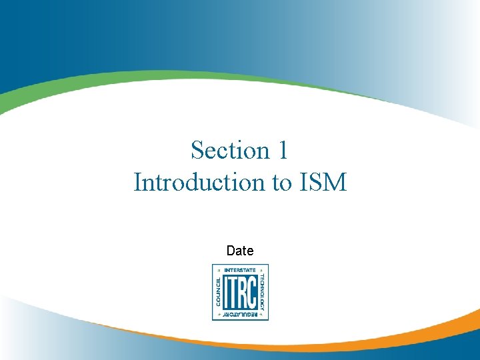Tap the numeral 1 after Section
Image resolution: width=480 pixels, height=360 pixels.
pos(282,150)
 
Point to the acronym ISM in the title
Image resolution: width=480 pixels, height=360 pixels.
pos(323,182)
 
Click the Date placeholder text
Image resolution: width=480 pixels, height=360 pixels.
pos(240,251)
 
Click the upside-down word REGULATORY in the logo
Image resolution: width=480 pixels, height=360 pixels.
pos(240,314)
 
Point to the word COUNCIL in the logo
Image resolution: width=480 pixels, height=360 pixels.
pos(217,292)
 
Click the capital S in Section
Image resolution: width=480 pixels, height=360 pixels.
pos(197,150)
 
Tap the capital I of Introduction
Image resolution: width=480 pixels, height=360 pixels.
pos(137,182)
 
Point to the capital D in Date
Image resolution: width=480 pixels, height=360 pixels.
pos(231,251)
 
